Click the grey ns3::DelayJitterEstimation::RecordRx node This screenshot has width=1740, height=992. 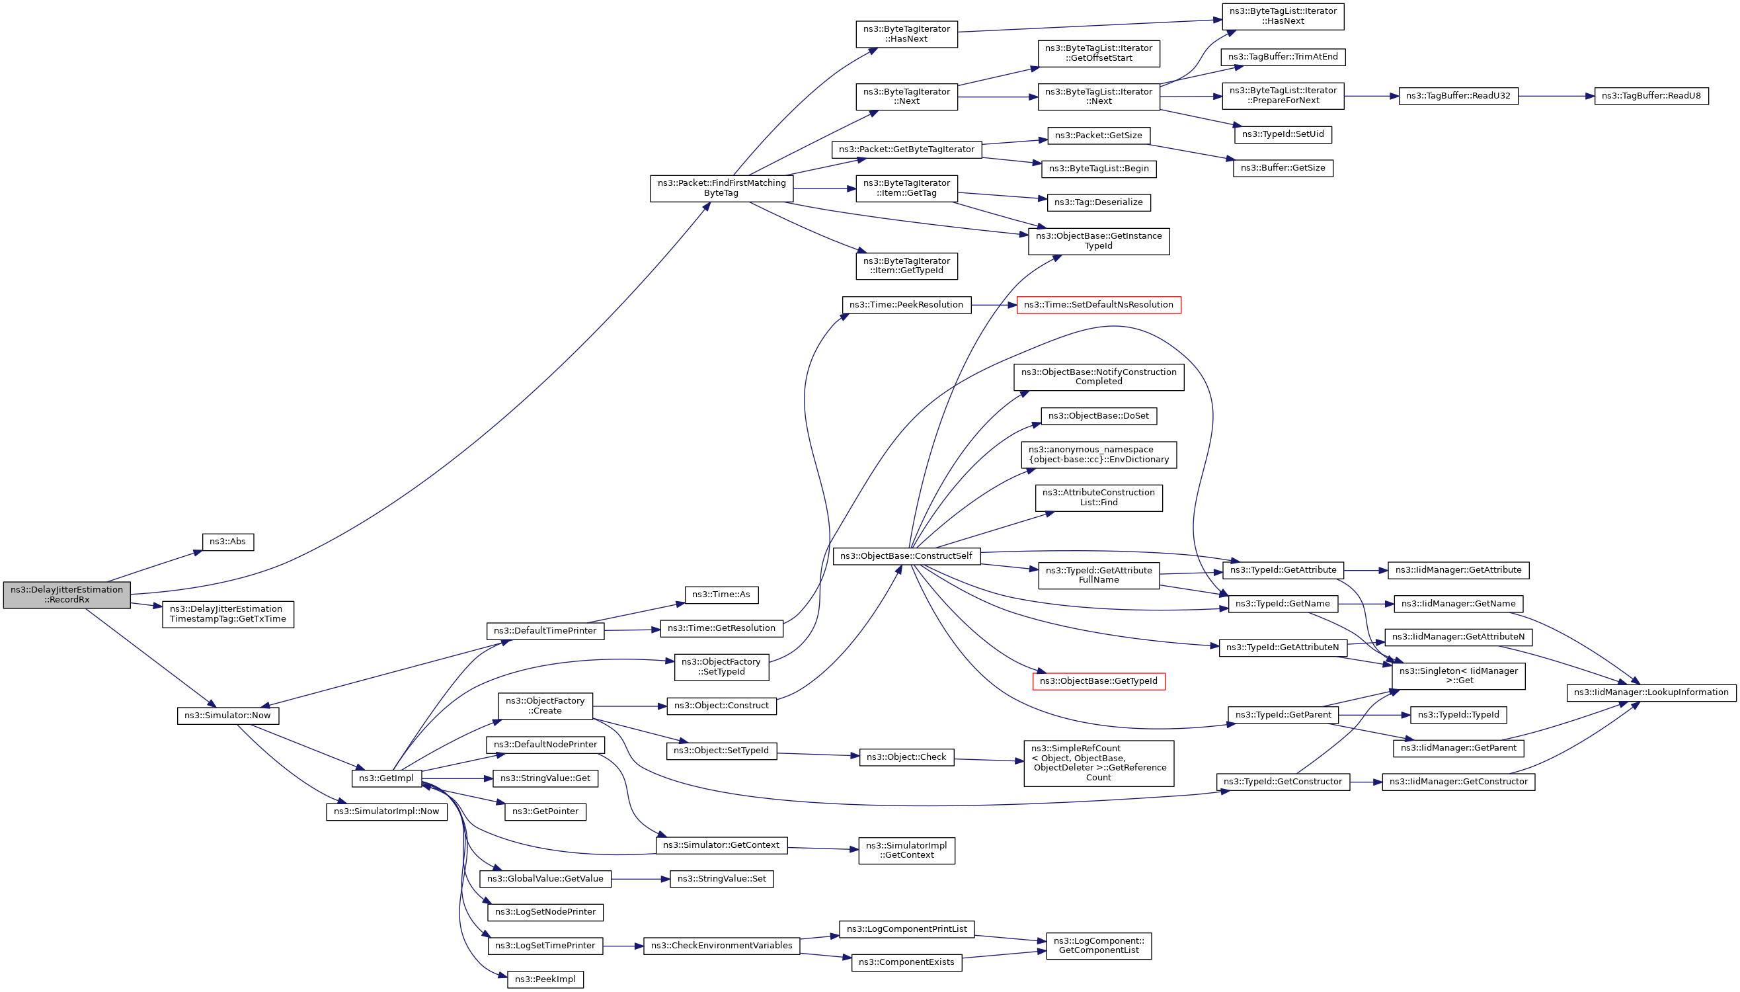click(x=67, y=595)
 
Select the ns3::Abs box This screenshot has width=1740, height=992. click(x=227, y=542)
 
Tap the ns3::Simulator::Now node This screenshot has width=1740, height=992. click(x=227, y=716)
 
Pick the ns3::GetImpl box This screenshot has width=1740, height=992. click(x=386, y=778)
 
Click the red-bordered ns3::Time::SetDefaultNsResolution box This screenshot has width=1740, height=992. click(x=1098, y=305)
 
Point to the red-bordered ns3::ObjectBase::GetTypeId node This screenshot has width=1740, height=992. click(x=1098, y=681)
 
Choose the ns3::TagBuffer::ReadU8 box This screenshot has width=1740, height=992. click(x=1651, y=96)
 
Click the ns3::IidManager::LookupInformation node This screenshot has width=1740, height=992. click(x=1651, y=692)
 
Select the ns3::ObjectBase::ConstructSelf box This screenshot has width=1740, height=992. click(x=906, y=556)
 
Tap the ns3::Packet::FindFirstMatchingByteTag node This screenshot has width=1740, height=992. click(x=721, y=188)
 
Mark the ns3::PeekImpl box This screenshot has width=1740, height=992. click(x=545, y=979)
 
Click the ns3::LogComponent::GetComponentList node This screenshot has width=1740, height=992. click(x=1098, y=946)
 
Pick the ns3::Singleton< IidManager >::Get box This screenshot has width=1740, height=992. click(x=1458, y=675)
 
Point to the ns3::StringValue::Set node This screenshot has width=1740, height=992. click(x=721, y=879)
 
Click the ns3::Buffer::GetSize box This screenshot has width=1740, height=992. click(x=1283, y=167)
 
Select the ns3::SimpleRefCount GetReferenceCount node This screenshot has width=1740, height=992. click(x=1098, y=763)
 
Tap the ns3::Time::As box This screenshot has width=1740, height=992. click(x=721, y=595)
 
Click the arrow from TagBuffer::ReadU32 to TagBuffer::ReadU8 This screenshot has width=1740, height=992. click(x=1556, y=96)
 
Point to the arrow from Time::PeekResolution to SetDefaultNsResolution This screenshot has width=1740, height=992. click(x=994, y=305)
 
